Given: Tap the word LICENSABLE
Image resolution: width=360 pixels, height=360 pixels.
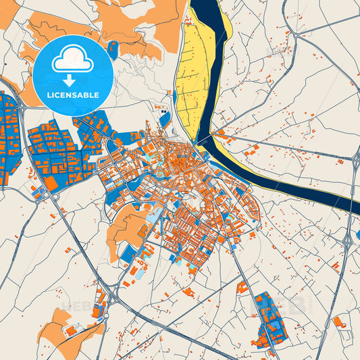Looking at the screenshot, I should [73, 95].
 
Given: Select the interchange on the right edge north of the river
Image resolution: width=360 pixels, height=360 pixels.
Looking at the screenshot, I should [355, 159].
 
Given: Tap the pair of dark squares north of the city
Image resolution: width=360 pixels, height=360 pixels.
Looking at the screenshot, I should [165, 112].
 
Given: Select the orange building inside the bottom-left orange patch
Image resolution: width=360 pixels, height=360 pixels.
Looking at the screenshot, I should [70, 331].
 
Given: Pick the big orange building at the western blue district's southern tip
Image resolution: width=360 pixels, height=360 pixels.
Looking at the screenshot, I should [51, 183].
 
